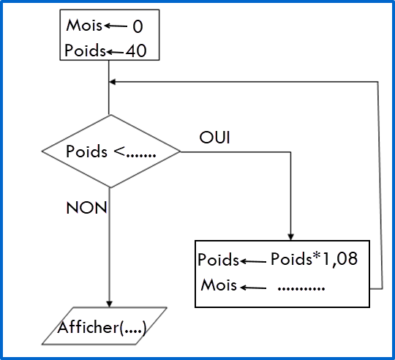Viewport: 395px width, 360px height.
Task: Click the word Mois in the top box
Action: [x=84, y=26]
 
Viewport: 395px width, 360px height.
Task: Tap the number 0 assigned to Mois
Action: [x=138, y=26]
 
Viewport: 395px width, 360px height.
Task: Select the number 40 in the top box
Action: [x=136, y=50]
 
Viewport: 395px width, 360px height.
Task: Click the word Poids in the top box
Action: [x=85, y=50]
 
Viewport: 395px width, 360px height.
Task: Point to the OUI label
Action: [x=214, y=138]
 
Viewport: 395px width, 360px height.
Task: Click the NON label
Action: [x=86, y=208]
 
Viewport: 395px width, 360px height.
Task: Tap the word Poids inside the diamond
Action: [x=86, y=151]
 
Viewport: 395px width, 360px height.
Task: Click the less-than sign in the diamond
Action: [x=119, y=151]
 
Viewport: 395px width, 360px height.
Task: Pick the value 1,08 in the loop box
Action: [x=340, y=259]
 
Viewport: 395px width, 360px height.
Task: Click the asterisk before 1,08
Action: [x=317, y=255]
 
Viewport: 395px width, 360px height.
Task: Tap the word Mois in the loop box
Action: [x=219, y=285]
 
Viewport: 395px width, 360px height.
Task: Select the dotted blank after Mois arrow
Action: [x=301, y=288]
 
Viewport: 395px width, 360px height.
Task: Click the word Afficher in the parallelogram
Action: [x=89, y=327]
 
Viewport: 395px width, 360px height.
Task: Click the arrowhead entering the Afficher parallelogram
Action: [x=109, y=304]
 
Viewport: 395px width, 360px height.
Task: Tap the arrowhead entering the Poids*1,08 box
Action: [x=290, y=237]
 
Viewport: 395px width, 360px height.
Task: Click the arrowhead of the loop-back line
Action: [x=113, y=82]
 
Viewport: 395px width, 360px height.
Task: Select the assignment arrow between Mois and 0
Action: [x=116, y=26]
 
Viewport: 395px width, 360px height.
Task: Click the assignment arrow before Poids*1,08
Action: [x=253, y=261]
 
